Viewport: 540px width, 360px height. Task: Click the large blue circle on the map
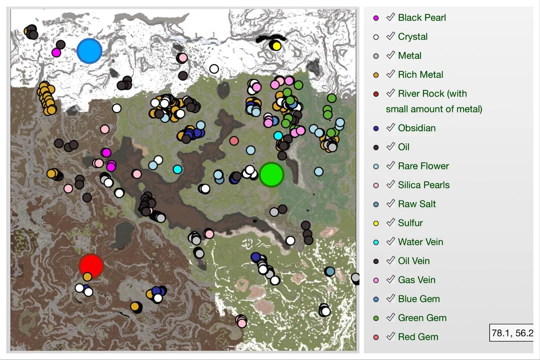coord(90,51)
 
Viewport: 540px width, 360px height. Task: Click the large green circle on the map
coord(272,174)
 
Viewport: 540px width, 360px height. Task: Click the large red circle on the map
coord(91,265)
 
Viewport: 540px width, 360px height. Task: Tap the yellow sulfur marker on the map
coord(276,46)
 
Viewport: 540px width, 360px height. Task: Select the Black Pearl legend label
coord(421,18)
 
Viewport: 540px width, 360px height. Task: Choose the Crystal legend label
coord(412,37)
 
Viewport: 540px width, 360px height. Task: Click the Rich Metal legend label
coord(420,75)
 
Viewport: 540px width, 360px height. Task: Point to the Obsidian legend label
coord(416,128)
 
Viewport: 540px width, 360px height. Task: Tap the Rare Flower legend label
coord(423,166)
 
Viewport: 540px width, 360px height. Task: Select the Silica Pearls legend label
coord(423,185)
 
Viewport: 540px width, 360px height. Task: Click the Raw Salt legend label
coord(416,204)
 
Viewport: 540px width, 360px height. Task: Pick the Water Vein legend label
coord(420,242)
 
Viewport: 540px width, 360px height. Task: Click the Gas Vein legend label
coord(416,280)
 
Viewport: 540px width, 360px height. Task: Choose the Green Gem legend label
coord(422,318)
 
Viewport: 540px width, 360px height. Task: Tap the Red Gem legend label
coord(418,337)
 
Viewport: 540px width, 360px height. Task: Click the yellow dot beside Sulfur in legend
coord(376,223)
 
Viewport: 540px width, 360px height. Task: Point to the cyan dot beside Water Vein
coord(376,242)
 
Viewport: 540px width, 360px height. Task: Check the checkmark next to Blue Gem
coord(390,298)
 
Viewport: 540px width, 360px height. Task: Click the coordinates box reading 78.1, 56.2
coord(512,333)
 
